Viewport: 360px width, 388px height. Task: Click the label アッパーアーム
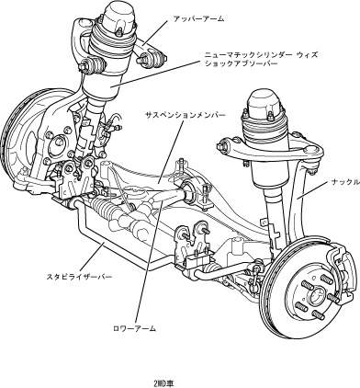198,19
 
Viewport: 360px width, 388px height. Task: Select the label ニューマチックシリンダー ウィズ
261,55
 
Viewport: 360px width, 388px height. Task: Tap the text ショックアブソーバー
241,63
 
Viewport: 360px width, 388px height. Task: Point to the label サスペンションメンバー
186,115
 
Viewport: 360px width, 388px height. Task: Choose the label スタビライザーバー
79,277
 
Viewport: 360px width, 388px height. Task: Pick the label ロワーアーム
135,328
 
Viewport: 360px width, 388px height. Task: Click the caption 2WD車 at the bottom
164,383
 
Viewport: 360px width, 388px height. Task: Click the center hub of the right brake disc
316,296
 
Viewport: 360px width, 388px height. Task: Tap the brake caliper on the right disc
340,266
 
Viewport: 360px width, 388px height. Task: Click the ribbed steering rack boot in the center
108,207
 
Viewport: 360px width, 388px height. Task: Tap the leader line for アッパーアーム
155,33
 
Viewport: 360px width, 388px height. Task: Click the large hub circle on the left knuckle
58,143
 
